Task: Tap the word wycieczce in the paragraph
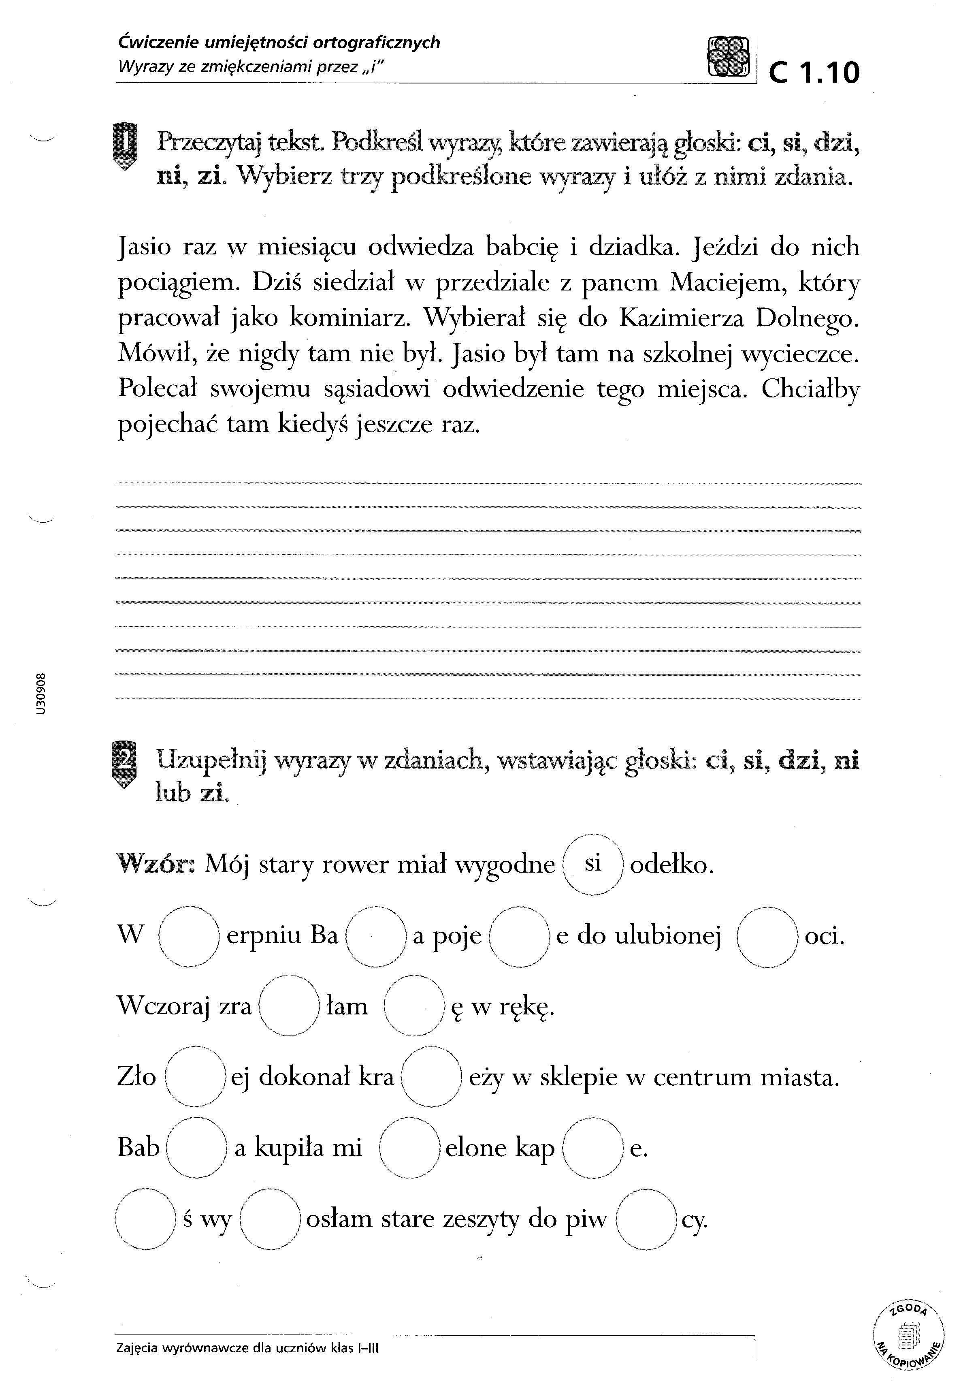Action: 800,353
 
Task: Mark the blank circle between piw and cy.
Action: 645,1219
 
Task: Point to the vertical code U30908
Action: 40,694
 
